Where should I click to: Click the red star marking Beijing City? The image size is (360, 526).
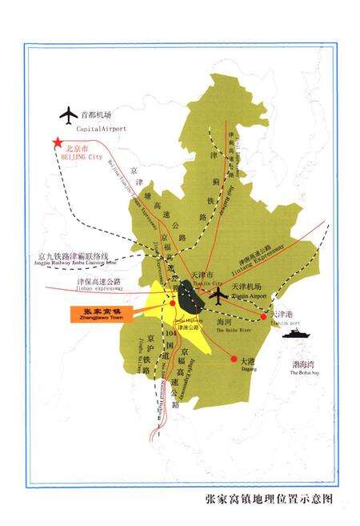(57, 143)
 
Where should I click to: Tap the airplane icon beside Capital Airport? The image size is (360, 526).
(66, 114)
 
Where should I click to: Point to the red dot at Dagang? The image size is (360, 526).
(234, 358)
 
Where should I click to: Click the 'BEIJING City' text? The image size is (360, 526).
(83, 158)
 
